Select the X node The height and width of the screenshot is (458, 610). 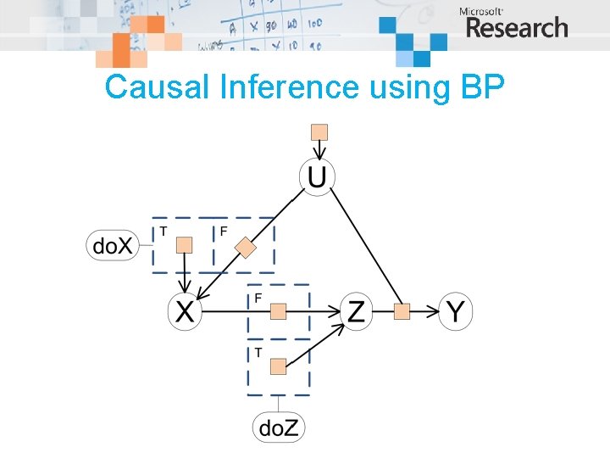click(x=185, y=312)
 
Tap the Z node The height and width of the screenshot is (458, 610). click(x=357, y=312)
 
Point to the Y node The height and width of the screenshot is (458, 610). click(x=455, y=312)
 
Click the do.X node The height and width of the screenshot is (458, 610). click(x=112, y=246)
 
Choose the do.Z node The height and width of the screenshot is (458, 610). click(x=279, y=428)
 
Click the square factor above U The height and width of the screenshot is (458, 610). click(x=319, y=131)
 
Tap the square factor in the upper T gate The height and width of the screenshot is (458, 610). click(x=183, y=245)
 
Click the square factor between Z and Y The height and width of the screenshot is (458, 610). click(x=402, y=312)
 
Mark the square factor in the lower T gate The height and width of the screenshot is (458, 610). click(x=278, y=366)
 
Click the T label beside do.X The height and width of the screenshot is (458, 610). click(x=163, y=229)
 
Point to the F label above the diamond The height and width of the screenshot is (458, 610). click(x=224, y=229)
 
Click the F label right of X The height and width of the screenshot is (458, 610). click(x=258, y=298)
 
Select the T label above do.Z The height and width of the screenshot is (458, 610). click(x=258, y=352)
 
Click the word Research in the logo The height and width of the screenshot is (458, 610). click(x=517, y=28)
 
